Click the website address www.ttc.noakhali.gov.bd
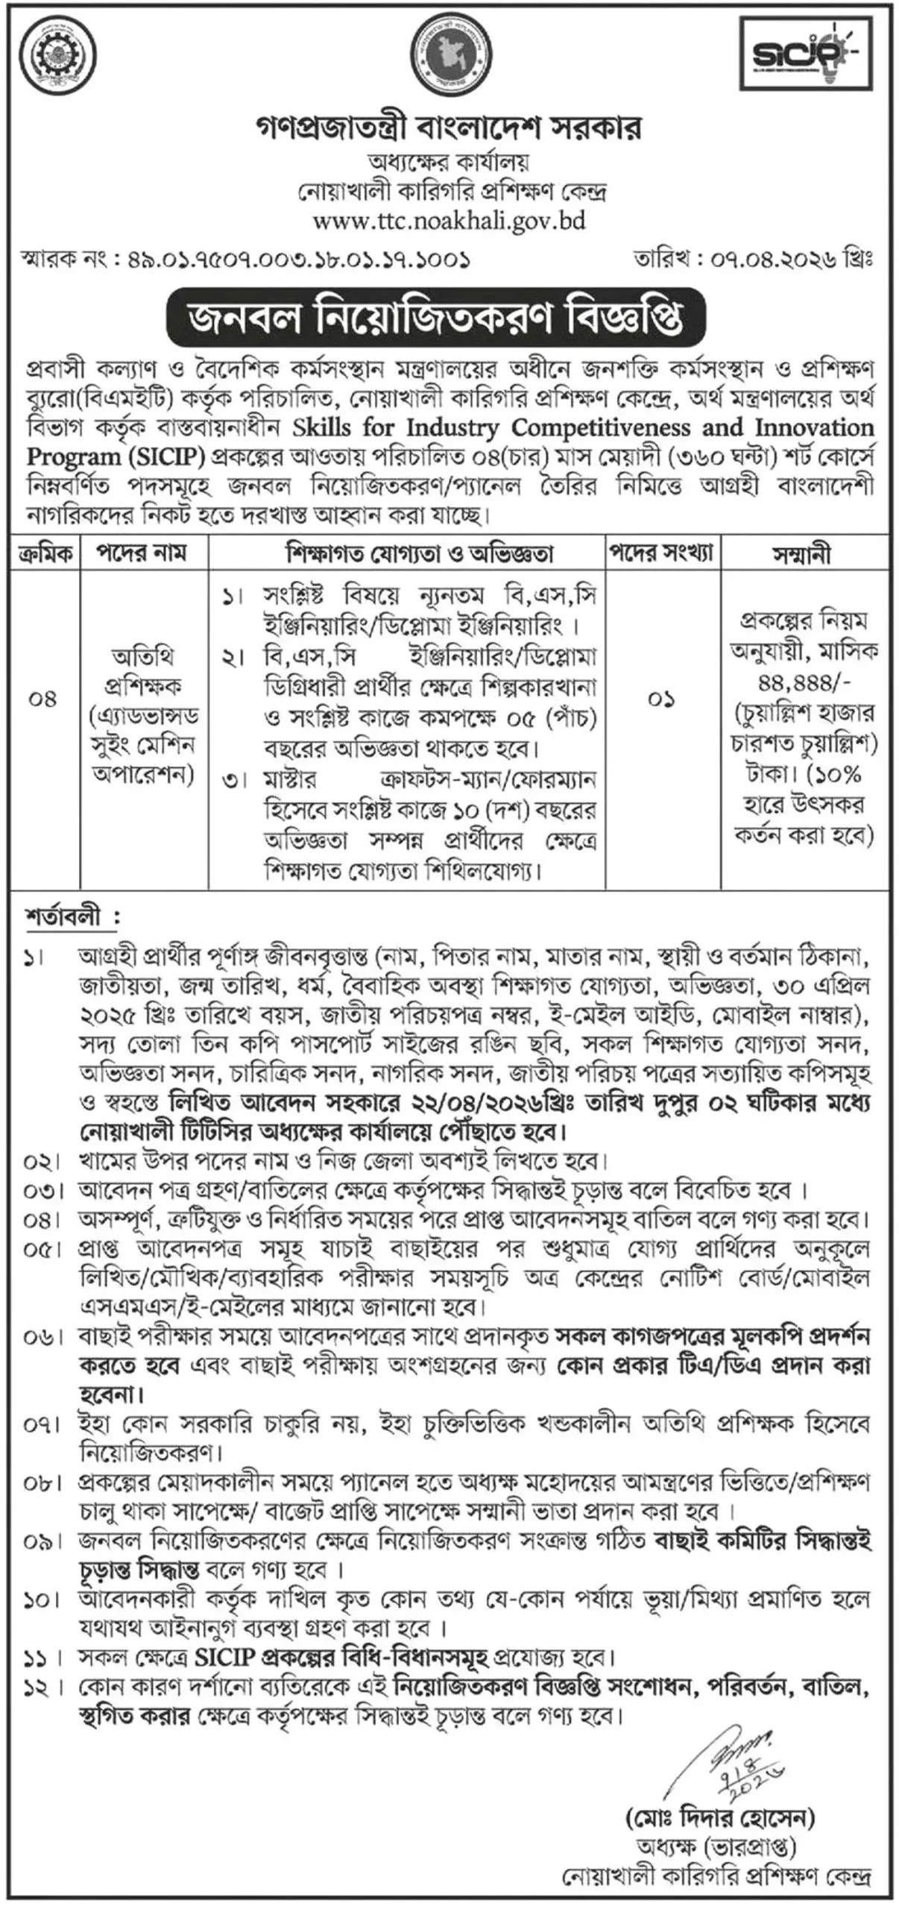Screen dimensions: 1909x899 tap(448, 221)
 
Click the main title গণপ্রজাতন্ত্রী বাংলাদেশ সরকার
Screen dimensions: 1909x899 tap(448, 129)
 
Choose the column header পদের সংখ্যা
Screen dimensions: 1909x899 tap(662, 553)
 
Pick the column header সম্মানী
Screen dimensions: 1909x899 tap(804, 554)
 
